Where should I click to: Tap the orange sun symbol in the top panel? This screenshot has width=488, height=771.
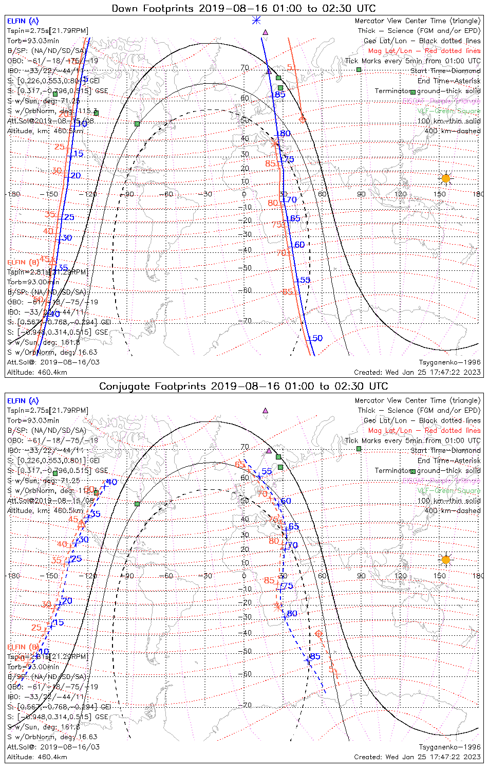[445, 178]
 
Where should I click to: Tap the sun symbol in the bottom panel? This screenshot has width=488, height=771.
[445, 559]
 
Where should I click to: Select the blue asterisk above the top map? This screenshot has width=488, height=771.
[256, 20]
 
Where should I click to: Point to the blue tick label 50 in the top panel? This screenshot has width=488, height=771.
[317, 338]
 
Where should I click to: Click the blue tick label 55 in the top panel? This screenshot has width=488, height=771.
[306, 280]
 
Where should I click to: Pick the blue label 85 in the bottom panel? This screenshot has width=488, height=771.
[315, 656]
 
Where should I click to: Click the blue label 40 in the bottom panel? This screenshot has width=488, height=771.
[111, 482]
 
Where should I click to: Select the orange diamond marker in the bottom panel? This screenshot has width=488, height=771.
[318, 633]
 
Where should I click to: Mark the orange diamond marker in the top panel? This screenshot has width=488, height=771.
[302, 119]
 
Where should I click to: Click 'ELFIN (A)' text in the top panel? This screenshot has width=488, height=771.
[23, 21]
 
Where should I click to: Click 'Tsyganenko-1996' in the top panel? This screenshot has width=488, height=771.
[450, 362]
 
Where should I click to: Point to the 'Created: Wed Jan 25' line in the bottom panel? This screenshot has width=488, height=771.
[417, 757]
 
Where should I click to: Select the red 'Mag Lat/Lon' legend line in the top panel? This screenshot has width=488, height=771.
[424, 51]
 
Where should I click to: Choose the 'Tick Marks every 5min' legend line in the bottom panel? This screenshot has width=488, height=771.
[413, 440]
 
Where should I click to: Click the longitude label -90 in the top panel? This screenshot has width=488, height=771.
[128, 194]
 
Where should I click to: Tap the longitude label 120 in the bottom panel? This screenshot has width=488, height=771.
[401, 576]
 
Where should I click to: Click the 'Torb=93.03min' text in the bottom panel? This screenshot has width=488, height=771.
[33, 420]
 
